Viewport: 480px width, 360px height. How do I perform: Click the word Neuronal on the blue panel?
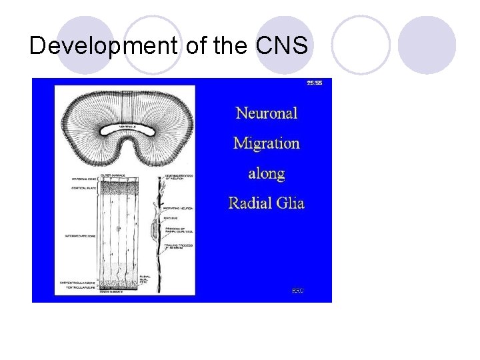[x=267, y=113]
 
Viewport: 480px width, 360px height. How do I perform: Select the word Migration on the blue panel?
[x=267, y=143]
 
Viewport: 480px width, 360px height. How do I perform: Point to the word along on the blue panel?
[x=267, y=173]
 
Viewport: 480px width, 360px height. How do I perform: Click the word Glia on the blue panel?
[x=291, y=203]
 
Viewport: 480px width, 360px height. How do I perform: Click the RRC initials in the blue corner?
[x=298, y=290]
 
